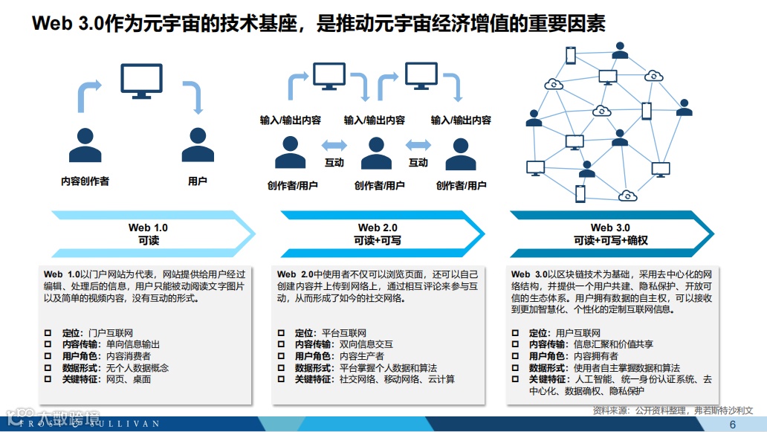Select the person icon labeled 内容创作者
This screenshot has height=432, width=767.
point(85,145)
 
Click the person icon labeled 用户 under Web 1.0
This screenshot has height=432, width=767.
point(197,145)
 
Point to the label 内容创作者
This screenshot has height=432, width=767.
point(85,181)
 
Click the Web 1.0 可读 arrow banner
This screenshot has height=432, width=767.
point(149,233)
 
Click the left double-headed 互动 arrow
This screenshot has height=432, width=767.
point(334,145)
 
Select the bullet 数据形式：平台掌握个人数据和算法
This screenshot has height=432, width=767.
point(366,368)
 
